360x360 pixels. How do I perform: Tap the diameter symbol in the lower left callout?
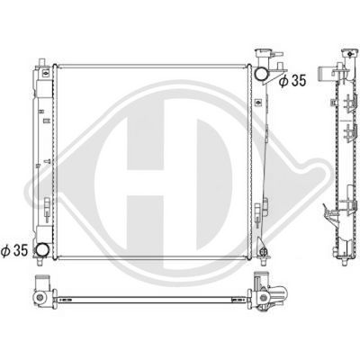click(x=9, y=249)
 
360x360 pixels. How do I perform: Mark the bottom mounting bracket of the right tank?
click(x=263, y=247)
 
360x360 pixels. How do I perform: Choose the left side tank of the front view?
click(x=43, y=153)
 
